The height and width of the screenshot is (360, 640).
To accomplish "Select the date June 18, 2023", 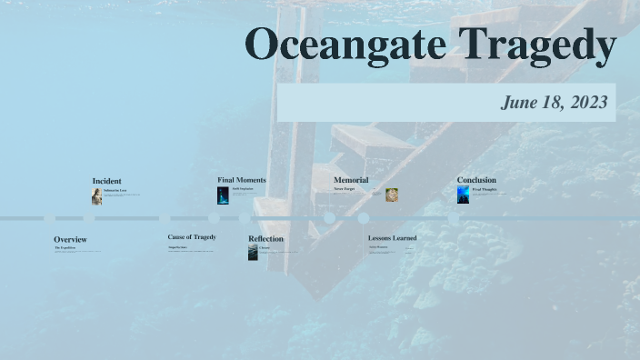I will [554, 103].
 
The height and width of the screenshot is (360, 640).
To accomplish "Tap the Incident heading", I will [106, 181].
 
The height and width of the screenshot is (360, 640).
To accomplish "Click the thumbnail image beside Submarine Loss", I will [96, 196].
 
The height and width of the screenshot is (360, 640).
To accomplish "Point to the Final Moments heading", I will [242, 180].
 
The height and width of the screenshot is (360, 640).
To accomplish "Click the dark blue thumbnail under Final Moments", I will [223, 195].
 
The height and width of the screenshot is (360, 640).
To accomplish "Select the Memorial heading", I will [351, 180].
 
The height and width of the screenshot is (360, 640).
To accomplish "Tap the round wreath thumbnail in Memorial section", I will [392, 195].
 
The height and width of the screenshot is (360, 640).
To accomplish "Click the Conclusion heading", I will [476, 180].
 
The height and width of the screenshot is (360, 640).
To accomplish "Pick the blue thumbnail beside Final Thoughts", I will [463, 195].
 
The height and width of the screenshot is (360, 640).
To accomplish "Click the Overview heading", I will [70, 240].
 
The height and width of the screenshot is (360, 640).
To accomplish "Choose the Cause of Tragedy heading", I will [192, 237].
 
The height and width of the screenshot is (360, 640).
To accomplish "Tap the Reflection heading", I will [265, 239].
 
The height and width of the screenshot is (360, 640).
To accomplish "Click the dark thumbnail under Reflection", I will [253, 253].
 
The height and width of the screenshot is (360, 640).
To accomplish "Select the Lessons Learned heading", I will [392, 238].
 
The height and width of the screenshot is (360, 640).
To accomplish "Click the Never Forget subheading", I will [344, 189].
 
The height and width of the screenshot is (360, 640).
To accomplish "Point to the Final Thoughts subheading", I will [485, 189].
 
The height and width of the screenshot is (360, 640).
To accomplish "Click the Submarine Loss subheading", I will [115, 190].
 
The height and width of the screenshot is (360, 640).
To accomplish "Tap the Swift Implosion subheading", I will [243, 189].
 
